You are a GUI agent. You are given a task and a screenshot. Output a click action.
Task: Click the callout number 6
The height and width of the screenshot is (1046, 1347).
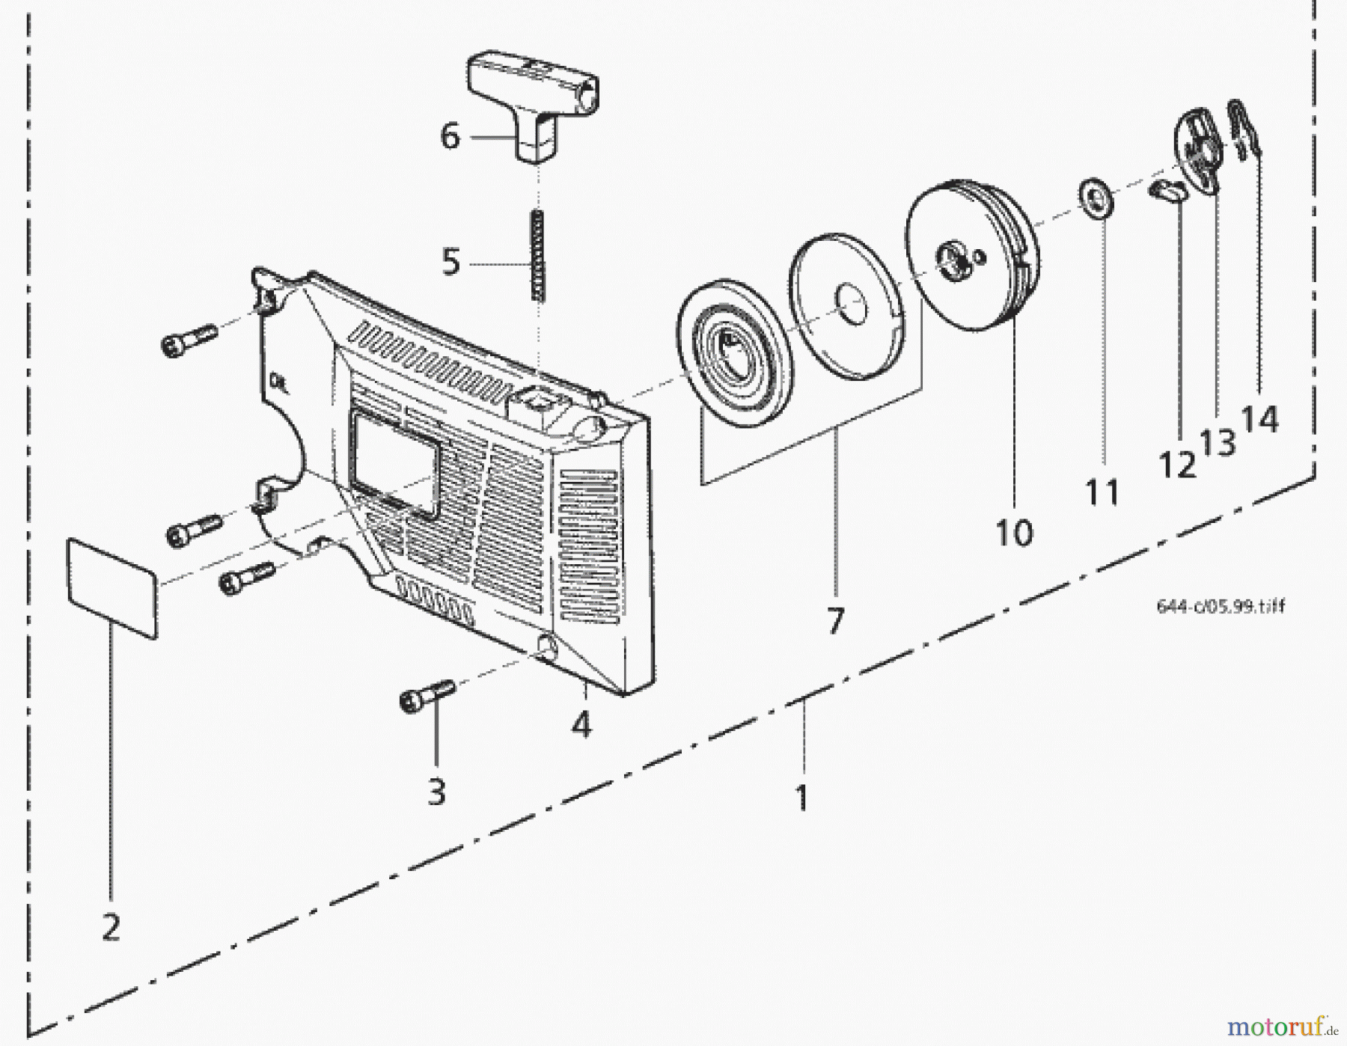[x=450, y=137]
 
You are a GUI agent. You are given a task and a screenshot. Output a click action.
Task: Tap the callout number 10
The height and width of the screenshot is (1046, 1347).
[x=1014, y=533]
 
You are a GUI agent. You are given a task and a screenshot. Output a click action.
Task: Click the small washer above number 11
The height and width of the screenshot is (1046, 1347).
[x=1097, y=200]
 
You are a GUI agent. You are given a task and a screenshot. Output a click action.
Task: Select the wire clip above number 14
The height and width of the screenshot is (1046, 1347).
[x=1244, y=130]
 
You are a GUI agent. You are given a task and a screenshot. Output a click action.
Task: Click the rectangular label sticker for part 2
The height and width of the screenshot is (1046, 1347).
[x=112, y=587]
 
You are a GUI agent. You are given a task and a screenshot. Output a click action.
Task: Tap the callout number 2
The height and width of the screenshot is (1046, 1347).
[x=111, y=929]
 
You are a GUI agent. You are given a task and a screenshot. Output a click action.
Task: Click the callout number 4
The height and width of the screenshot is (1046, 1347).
[x=581, y=724]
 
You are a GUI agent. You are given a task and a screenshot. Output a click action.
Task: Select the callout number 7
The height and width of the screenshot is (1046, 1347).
[x=835, y=621]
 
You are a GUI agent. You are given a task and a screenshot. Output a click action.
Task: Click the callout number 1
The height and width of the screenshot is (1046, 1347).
[x=801, y=798]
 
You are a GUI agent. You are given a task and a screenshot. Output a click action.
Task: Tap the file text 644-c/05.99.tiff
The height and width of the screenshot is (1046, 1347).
[x=1221, y=606]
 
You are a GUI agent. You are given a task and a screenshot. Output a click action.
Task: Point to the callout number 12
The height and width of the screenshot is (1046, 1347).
[x=1177, y=465]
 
